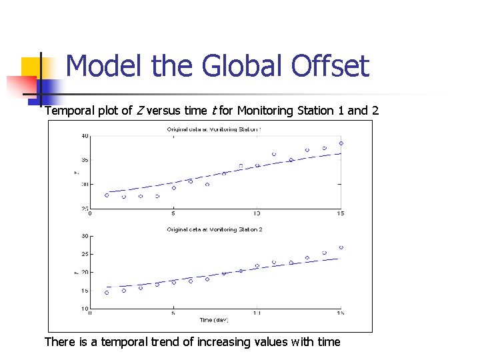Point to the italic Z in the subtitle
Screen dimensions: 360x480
140,111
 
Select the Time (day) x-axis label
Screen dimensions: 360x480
213,321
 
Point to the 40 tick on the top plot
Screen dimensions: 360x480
85,136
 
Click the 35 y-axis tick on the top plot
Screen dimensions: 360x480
85,160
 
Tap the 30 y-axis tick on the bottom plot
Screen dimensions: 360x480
85,236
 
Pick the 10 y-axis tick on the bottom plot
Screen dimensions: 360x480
85,309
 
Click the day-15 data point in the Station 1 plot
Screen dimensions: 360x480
341,143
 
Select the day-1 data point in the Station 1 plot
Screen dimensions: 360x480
107,195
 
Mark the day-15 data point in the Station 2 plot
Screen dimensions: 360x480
341,247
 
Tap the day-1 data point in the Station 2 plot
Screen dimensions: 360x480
107,293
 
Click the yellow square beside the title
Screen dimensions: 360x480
31,67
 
